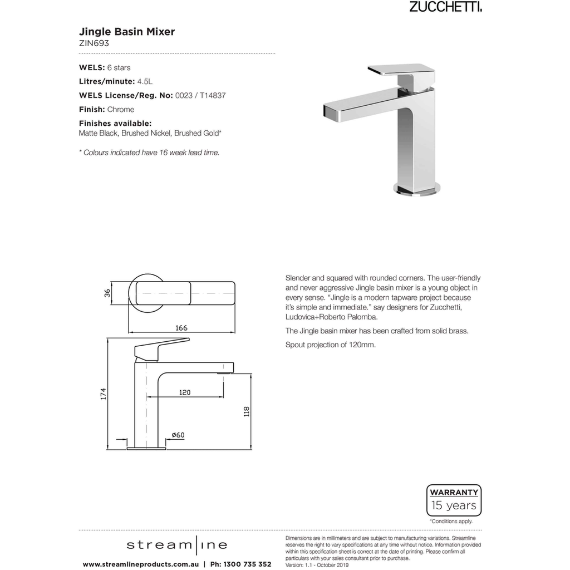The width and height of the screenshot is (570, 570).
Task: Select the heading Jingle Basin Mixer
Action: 127,32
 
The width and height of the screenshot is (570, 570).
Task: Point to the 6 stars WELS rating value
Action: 119,68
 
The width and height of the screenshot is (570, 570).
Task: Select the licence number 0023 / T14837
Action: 200,95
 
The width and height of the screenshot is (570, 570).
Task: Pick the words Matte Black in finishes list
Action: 98,134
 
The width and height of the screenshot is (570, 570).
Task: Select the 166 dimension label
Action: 181,328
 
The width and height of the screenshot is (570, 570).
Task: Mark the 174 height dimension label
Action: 103,394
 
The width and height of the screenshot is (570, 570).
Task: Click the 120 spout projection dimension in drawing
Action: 185,392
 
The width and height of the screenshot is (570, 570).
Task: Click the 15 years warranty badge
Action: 454,500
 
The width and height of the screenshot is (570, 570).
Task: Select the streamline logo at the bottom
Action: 176,545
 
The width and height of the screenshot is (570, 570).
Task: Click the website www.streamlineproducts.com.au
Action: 141,564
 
